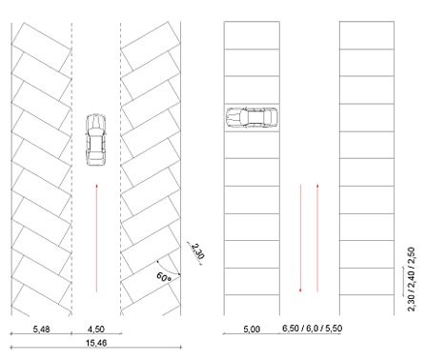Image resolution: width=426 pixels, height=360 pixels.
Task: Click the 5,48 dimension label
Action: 42,330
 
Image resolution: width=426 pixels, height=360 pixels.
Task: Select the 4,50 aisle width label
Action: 96,330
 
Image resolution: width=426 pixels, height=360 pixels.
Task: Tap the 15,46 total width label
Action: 96,343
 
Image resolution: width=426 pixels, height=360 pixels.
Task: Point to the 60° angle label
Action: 164,277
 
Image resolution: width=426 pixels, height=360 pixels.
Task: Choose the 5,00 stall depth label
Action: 252,330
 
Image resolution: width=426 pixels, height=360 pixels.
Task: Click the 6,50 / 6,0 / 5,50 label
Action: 313,329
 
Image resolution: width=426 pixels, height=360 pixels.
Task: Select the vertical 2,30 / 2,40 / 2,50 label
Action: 411,279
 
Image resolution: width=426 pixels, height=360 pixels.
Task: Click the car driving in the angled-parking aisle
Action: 96,140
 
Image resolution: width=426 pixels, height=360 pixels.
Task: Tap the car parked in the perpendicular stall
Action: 252,117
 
